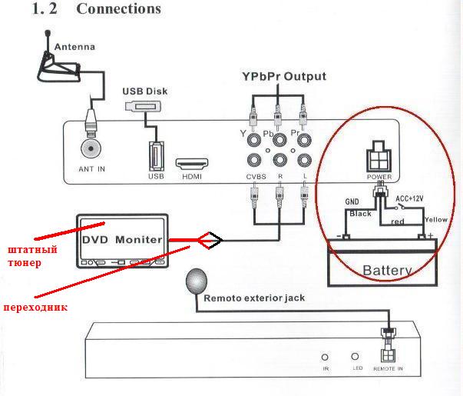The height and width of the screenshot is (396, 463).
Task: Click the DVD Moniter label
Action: (122, 239)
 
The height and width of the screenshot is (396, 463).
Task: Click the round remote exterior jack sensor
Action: (195, 281)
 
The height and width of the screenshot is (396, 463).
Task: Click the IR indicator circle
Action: (325, 358)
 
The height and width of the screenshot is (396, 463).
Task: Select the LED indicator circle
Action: (354, 358)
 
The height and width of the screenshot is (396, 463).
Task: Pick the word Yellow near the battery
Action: (435, 219)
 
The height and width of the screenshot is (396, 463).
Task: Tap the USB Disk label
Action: (145, 91)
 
